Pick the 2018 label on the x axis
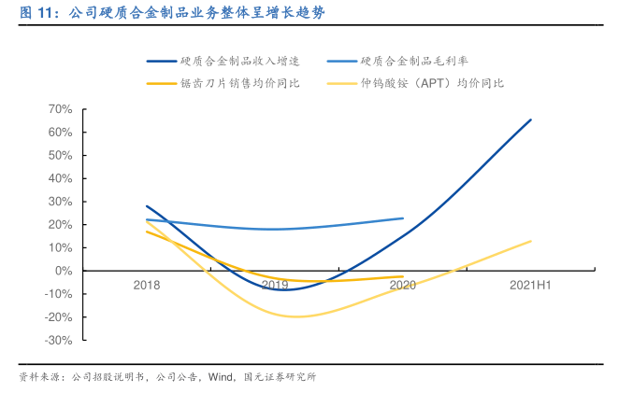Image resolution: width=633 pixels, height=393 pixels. [x=147, y=285]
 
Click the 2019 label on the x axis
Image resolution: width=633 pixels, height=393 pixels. [x=275, y=285]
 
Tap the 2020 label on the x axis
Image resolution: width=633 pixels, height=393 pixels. [x=403, y=285]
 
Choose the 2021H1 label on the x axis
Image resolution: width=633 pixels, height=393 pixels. [x=530, y=285]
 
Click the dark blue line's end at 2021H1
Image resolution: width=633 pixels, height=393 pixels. [x=531, y=119]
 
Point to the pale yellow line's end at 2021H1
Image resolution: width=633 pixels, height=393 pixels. [x=531, y=241]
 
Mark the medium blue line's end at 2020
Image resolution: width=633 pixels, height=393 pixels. [x=403, y=218]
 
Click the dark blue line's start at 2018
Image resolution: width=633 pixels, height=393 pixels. [x=147, y=205]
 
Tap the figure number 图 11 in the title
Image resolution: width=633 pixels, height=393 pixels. [x=37, y=12]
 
